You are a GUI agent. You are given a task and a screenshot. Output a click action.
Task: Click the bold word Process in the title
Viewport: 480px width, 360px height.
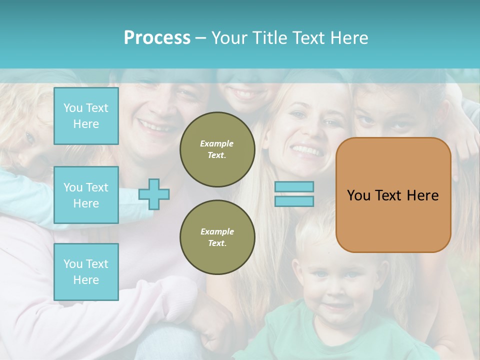coord(157,38)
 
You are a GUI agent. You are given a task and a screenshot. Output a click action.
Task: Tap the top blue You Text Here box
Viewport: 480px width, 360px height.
coord(86,116)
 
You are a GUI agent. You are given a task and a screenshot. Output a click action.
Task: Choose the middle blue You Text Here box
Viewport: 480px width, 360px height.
coord(86,195)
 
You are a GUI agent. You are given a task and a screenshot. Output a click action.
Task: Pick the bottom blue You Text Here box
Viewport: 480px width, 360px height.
coord(86,272)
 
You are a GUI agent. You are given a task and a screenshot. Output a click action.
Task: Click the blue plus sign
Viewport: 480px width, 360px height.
coord(154,194)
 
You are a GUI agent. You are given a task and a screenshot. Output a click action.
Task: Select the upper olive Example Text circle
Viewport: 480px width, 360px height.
coord(217,149)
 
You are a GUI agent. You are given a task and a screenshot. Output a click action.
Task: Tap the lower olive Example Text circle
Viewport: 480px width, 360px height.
coord(217,237)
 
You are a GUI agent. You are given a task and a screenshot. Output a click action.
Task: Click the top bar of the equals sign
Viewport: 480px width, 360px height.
coord(294,187)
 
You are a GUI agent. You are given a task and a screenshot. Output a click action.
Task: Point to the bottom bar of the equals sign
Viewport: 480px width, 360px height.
coord(294,201)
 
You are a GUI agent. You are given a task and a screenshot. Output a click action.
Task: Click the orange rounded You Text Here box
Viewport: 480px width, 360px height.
coord(393,220)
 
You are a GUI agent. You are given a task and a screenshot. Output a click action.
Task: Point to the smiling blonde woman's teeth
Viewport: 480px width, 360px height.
coord(305,149)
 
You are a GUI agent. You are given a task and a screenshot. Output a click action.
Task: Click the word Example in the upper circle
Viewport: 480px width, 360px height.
coord(217,143)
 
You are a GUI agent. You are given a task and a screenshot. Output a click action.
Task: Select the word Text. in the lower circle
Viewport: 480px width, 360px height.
coord(217,243)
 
